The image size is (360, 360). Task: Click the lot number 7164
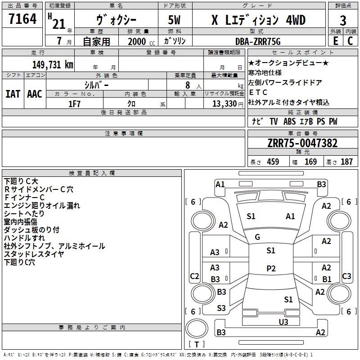coord(22,20)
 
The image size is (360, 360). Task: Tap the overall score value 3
coord(343,20)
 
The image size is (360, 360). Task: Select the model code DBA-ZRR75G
coord(258,41)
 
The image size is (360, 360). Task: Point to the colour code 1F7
coord(75,103)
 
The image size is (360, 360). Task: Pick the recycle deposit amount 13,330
coord(224,103)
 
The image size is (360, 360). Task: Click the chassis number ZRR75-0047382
coord(302,143)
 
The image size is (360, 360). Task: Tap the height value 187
coord(346,162)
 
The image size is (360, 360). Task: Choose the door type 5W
coord(175,20)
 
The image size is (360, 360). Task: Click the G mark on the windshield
coord(257,237)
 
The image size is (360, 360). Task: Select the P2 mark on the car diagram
coord(270,269)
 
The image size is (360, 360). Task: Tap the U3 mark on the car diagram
coord(283,321)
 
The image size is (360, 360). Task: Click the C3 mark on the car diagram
coord(346,276)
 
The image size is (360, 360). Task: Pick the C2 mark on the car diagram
coord(194,276)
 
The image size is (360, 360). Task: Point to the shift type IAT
coord(13,94)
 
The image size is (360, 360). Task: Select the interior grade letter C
coord(350,41)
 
